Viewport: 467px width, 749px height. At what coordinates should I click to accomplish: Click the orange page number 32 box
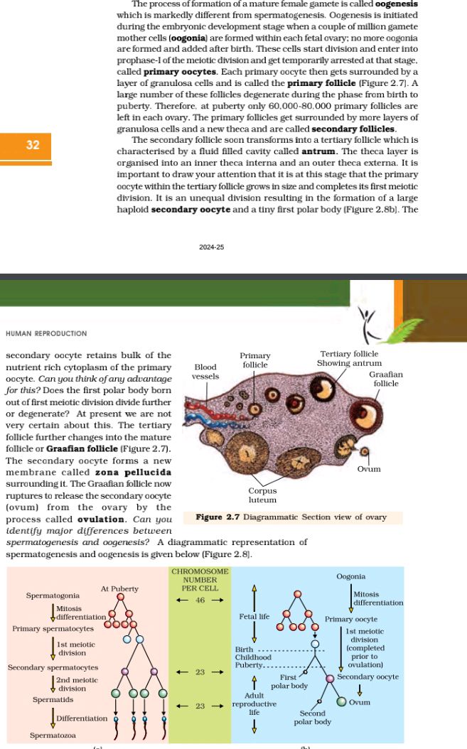pyautogui.click(x=33, y=145)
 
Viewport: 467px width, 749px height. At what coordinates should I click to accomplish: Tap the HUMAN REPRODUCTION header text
pyautogui.click(x=46, y=333)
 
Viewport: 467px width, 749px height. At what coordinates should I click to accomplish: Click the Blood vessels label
pyautogui.click(x=205, y=372)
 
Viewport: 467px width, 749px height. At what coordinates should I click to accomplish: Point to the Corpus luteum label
pyautogui.click(x=262, y=495)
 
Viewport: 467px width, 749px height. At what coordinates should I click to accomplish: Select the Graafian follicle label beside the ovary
pyautogui.click(x=386, y=379)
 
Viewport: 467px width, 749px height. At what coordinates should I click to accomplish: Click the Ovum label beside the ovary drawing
pyautogui.click(x=369, y=469)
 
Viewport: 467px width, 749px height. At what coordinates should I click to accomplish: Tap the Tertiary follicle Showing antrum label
pyautogui.click(x=349, y=358)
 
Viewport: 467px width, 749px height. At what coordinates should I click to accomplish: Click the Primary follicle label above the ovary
pyautogui.click(x=255, y=360)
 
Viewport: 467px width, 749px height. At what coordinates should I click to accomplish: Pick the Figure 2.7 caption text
pyautogui.click(x=291, y=517)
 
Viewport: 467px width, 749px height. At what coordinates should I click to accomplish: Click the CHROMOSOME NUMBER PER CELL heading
pyautogui.click(x=200, y=580)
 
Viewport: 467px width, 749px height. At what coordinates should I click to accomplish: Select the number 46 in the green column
pyautogui.click(x=200, y=600)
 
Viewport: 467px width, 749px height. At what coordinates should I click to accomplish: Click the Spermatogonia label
pyautogui.click(x=53, y=595)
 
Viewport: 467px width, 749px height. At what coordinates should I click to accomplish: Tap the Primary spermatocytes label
pyautogui.click(x=53, y=629)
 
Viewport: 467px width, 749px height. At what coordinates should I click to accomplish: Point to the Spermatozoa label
pyautogui.click(x=53, y=735)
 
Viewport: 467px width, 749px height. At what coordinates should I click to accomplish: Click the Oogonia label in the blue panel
pyautogui.click(x=351, y=576)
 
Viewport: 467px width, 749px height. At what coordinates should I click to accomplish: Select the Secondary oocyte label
pyautogui.click(x=367, y=677)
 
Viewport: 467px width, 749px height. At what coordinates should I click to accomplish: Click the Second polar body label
pyautogui.click(x=313, y=717)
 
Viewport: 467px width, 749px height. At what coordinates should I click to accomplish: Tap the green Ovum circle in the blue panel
pyautogui.click(x=340, y=701)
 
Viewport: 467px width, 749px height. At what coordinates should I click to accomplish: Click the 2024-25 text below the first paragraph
pyautogui.click(x=211, y=247)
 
